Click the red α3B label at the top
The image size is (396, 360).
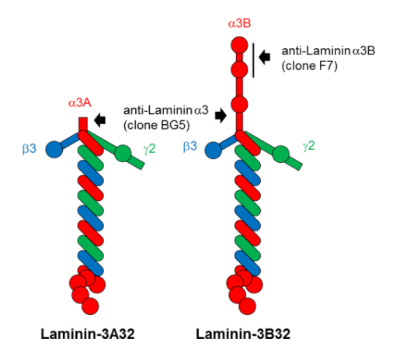pos(239,23)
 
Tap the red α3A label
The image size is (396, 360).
pos(80,103)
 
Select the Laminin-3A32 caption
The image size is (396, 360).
pos(88,334)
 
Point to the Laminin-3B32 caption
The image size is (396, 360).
pos(243,334)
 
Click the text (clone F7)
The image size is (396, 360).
pos(310,66)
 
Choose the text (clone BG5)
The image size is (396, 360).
pos(157,126)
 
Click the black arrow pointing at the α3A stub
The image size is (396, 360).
pos(100,120)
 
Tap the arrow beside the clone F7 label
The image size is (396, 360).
pos(265,57)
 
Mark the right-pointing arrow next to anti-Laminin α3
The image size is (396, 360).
pos(221,116)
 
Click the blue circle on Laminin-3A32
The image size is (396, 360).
pos(54,150)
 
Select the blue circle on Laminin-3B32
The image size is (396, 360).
pos(214,151)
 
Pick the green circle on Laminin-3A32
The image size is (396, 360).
pos(123,154)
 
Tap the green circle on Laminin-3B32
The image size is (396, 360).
pos(281,154)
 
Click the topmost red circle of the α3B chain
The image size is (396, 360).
pos(239,45)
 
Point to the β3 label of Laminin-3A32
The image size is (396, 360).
pos(30,149)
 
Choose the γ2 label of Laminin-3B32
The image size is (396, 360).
pos(309,146)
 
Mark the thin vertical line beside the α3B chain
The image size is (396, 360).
pos(253,61)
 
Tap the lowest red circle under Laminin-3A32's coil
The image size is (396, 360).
pos(90,306)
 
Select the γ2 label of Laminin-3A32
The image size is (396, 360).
pos(150,149)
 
